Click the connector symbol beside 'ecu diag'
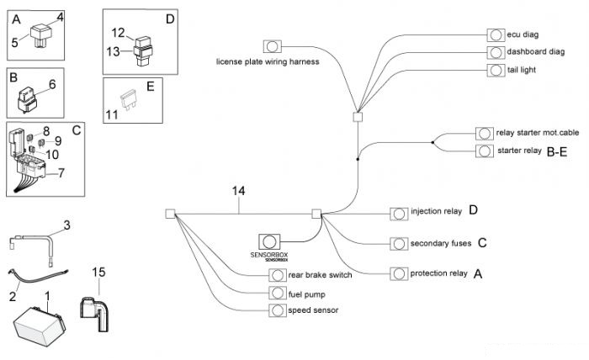click(x=496, y=35)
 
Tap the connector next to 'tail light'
click(x=496, y=70)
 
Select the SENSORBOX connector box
click(x=269, y=241)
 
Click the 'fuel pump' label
click(x=306, y=294)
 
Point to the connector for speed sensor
click(x=277, y=310)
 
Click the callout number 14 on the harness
click(x=238, y=191)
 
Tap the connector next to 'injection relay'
click(x=399, y=214)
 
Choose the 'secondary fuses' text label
click(x=441, y=243)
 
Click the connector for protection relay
click(x=399, y=273)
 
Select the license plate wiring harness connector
click(x=272, y=46)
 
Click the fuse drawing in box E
click(x=128, y=99)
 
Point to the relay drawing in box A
click(x=40, y=35)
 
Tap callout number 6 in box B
click(x=52, y=84)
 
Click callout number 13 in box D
click(x=113, y=51)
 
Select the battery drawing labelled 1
click(x=40, y=326)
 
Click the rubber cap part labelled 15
click(x=94, y=314)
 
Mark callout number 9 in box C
click(x=58, y=140)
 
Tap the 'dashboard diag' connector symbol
click(x=496, y=52)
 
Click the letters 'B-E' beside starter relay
click(x=557, y=152)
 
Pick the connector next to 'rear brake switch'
click(x=277, y=275)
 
